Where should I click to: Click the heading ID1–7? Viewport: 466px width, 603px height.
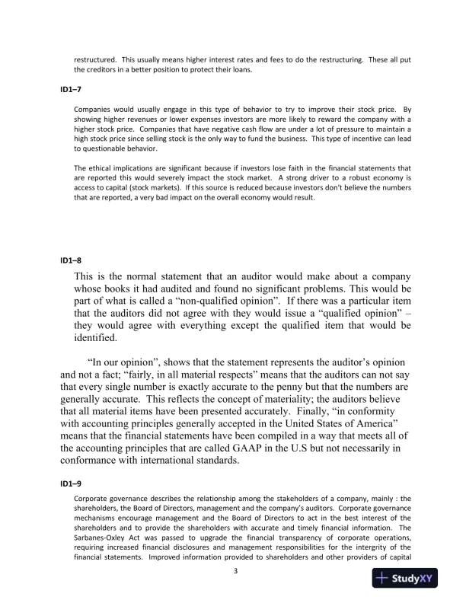click(71, 90)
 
